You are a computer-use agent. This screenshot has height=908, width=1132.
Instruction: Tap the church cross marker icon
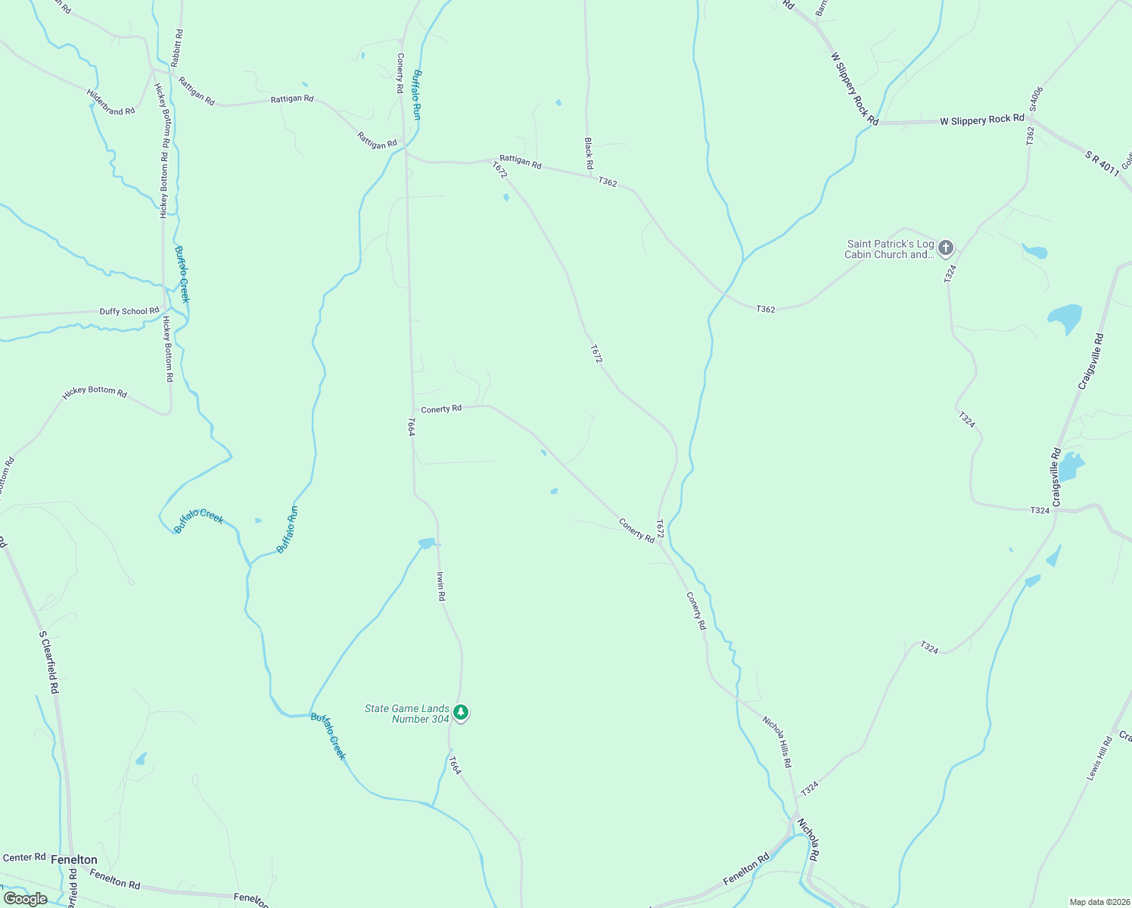coord(946,247)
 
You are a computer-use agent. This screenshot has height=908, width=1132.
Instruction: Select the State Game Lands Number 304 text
coord(407,714)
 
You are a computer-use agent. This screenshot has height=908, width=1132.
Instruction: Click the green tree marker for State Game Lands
coord(460,713)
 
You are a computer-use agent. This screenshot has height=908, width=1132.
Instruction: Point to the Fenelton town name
coord(74,860)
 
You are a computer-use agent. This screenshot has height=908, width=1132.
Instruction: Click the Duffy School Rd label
coord(129,311)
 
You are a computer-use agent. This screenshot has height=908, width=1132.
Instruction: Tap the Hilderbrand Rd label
coord(110,102)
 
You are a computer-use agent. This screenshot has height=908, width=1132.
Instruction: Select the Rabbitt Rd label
coord(179,48)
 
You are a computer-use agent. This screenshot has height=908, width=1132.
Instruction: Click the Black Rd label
coord(589,153)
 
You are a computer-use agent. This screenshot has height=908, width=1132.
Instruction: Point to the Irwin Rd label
coord(440,586)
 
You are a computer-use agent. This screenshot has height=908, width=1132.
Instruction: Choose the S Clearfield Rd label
coord(48,662)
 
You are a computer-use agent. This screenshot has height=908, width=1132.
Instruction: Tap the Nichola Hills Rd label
coord(777,742)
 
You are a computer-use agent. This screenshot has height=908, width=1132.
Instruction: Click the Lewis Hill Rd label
coord(1099,759)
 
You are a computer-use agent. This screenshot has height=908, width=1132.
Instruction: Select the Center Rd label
coord(24,857)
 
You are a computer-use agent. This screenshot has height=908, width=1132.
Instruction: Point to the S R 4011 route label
coord(1102,163)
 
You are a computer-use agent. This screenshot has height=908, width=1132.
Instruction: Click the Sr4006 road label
coord(1036,99)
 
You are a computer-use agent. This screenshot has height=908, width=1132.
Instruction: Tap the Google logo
coord(25,899)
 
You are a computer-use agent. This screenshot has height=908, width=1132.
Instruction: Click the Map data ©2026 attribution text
coord(1099,902)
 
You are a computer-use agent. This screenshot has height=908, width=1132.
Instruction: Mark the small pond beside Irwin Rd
coord(427,543)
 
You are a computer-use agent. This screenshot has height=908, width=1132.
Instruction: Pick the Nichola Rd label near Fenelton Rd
coord(808,838)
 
